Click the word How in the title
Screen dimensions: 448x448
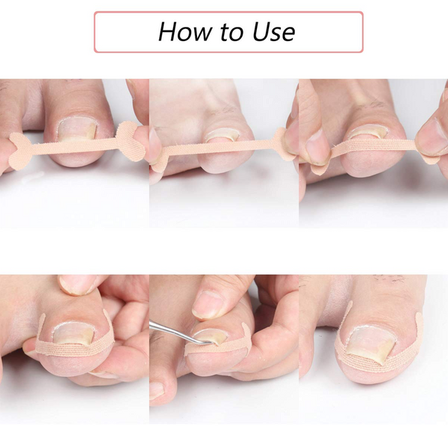point(187,31)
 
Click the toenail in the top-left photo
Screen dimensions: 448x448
point(77,130)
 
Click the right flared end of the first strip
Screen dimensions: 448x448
point(130,141)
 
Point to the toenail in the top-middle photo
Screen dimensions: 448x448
point(223,135)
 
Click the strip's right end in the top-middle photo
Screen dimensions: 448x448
point(283,143)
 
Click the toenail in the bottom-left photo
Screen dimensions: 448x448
point(74,333)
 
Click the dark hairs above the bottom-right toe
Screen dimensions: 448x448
point(388,278)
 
